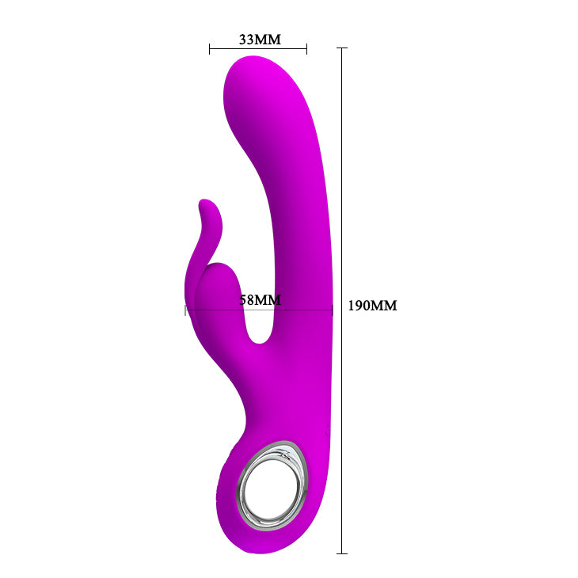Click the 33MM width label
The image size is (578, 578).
click(259, 39)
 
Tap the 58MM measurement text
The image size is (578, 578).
click(260, 300)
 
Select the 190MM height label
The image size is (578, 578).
click(372, 306)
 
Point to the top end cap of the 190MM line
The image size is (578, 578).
click(342, 48)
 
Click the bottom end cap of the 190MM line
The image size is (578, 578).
click(342, 553)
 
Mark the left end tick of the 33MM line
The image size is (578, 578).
click(210, 49)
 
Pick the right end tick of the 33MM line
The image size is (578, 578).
click(306, 49)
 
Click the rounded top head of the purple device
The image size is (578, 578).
click(253, 79)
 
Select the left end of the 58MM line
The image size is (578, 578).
click(185, 310)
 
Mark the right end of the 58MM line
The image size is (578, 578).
click(332, 310)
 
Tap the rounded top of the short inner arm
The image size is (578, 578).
click(217, 272)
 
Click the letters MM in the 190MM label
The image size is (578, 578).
click(384, 306)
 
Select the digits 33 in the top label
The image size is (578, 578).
click(246, 39)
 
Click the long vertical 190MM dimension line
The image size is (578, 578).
click(342, 198)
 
